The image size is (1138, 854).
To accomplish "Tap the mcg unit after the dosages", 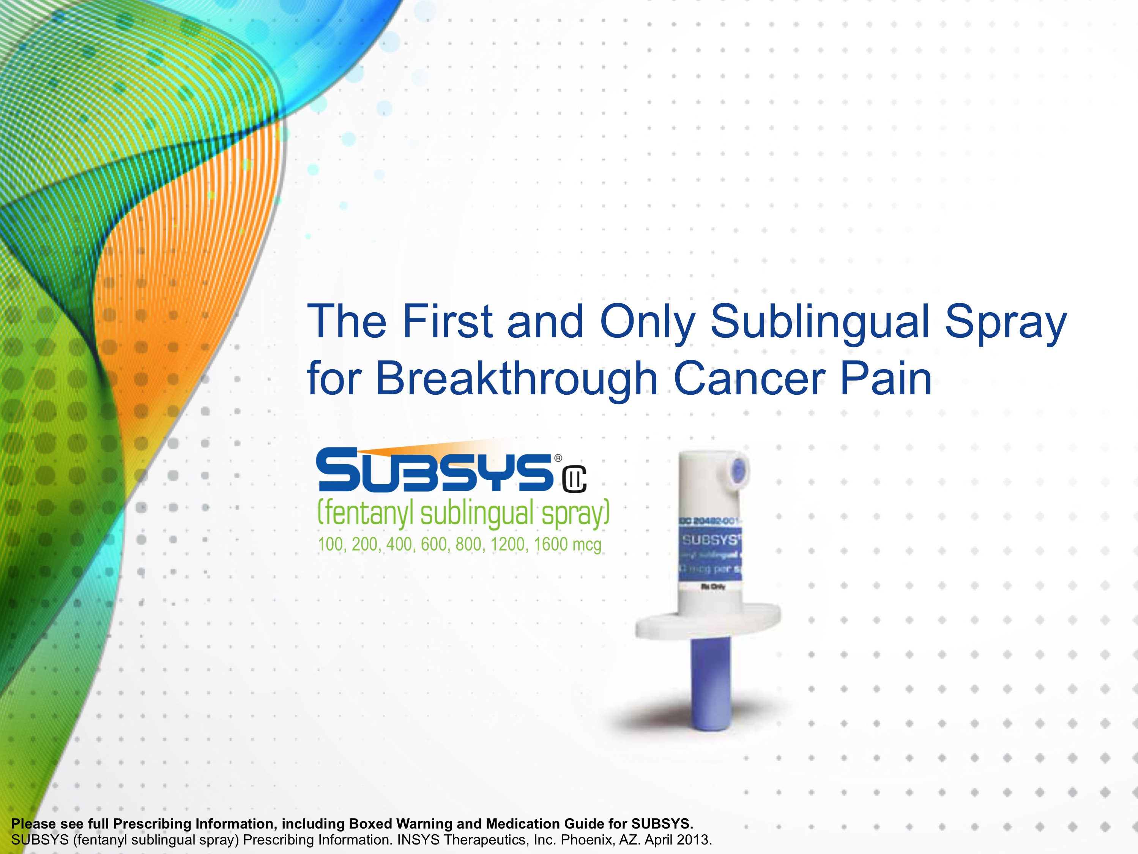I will (586, 545).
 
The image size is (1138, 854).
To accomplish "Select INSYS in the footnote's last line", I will (418, 840).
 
